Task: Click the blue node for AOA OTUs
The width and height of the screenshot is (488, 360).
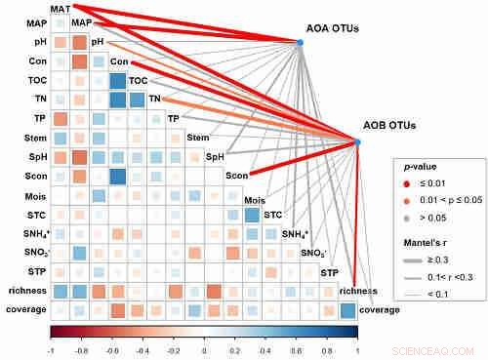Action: tap(300, 41)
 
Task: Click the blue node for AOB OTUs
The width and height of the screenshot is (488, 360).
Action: tap(357, 142)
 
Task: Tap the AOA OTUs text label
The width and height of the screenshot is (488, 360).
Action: tap(333, 28)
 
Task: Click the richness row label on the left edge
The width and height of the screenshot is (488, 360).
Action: tap(23, 291)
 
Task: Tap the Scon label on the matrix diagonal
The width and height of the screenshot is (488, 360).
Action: tap(235, 176)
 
